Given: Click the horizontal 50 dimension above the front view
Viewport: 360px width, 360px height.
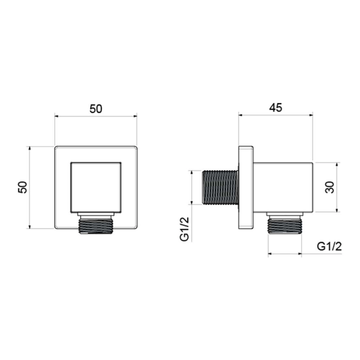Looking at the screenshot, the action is point(96,109).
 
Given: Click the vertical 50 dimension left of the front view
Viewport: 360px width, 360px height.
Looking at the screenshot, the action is point(23,187).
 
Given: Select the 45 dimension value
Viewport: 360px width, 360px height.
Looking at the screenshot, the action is point(276,108).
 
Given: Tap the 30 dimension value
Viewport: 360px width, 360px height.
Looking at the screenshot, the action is point(330,187).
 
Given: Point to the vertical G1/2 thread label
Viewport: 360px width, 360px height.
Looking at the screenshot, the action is point(184,229).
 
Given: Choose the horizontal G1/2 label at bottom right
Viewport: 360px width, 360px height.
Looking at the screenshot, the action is point(329,246).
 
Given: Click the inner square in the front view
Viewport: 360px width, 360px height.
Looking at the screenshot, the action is point(96,187).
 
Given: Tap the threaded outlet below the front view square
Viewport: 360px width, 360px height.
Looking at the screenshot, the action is point(96,226).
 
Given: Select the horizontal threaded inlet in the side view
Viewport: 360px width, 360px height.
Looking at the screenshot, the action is point(220,187).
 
